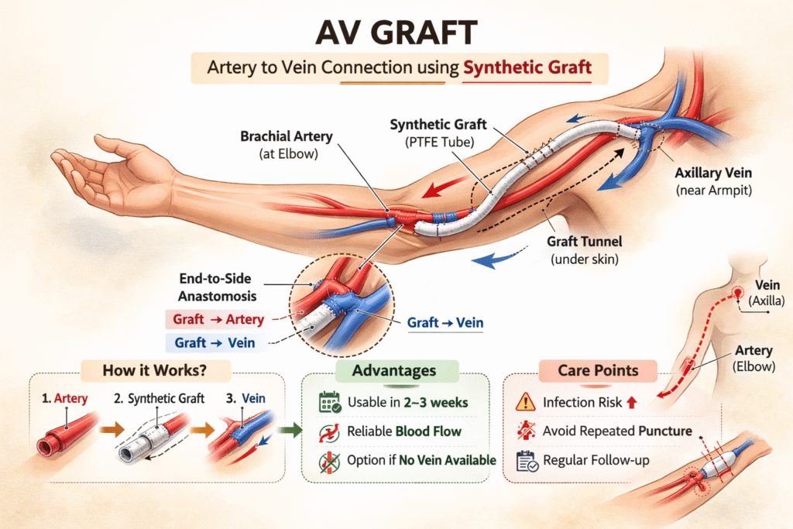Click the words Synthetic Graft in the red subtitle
[527, 67]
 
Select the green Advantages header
[393, 371]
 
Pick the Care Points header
[599, 370]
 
